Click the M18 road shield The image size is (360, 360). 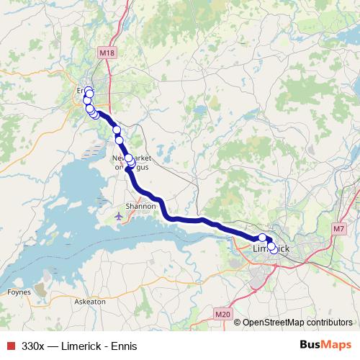point(107,53)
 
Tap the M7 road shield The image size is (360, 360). point(339,228)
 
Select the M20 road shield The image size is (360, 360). point(222,313)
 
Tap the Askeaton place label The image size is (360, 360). point(91,302)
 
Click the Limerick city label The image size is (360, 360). point(272,249)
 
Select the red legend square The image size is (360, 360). point(9,345)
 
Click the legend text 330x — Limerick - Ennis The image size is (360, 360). point(79,345)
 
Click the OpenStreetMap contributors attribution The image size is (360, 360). point(297,323)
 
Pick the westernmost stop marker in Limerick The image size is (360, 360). point(262,238)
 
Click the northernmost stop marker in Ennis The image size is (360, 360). point(89,91)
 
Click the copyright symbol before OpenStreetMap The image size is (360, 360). point(237,323)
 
